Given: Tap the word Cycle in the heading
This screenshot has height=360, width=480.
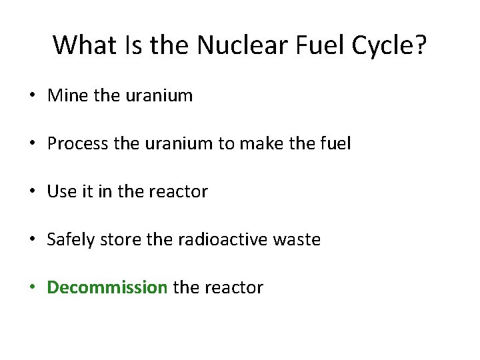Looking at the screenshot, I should (x=379, y=45).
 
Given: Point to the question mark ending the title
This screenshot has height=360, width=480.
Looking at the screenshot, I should (x=420, y=45).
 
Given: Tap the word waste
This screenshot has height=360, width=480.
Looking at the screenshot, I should (x=299, y=240).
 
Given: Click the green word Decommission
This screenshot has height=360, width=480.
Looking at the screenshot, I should (x=107, y=287).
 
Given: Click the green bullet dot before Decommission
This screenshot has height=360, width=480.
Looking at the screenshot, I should (x=32, y=288).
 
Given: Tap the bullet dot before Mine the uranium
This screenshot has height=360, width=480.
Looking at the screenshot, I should (x=32, y=96).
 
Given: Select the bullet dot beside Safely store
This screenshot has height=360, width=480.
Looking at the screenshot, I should (x=32, y=240).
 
